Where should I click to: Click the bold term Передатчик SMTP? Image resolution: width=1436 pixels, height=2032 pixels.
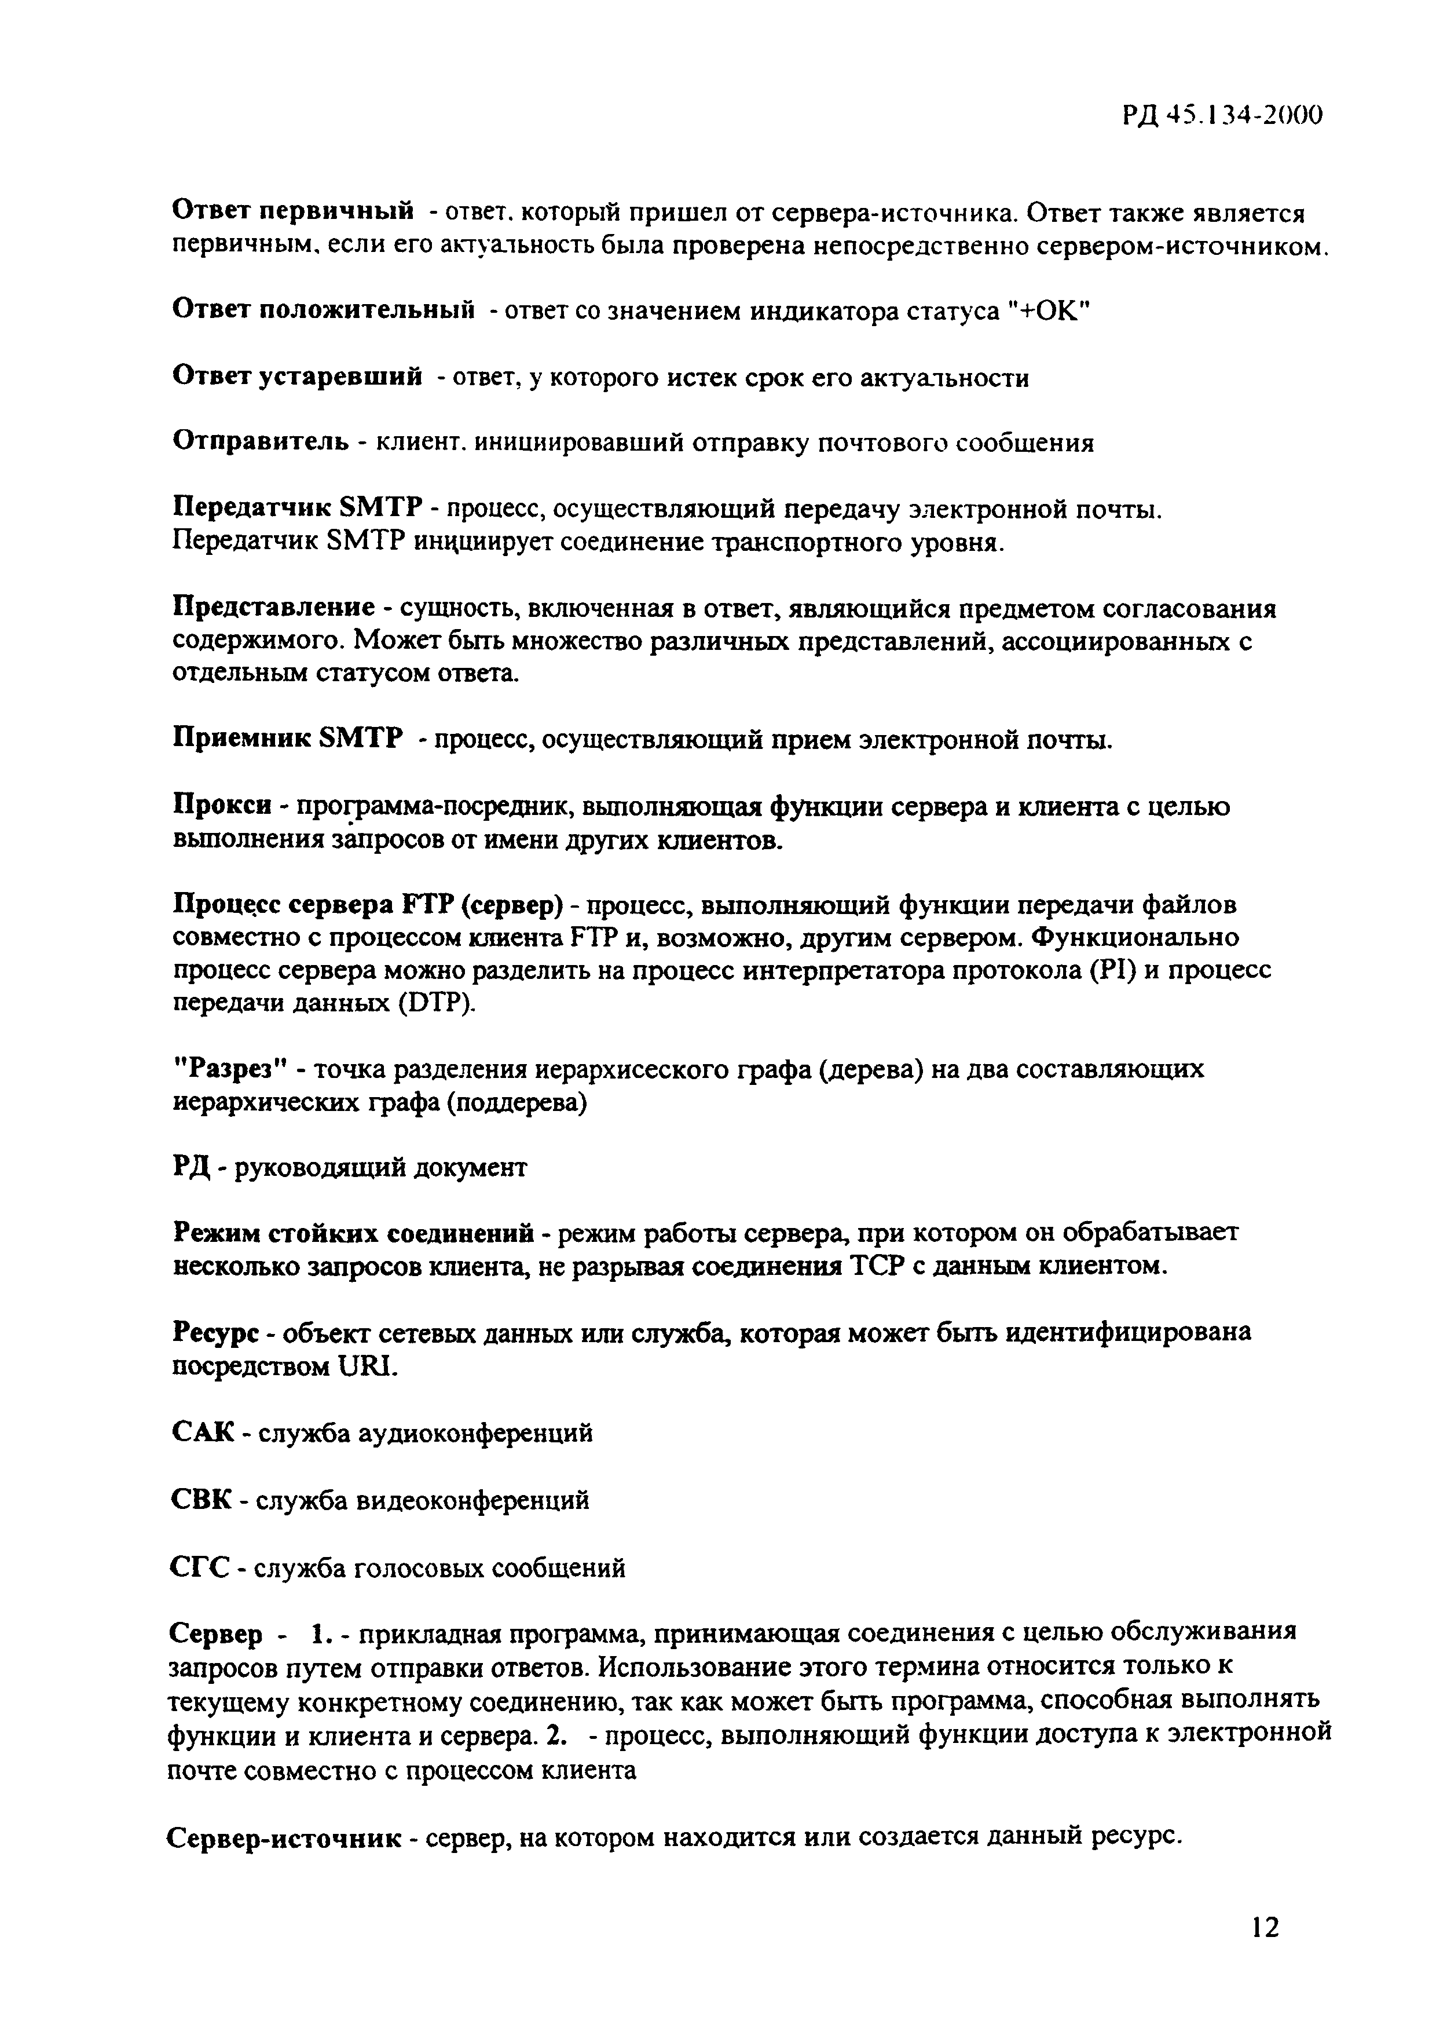299,510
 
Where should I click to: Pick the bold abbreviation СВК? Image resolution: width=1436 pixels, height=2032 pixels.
202,1501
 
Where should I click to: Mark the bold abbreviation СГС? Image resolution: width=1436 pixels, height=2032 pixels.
200,1568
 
